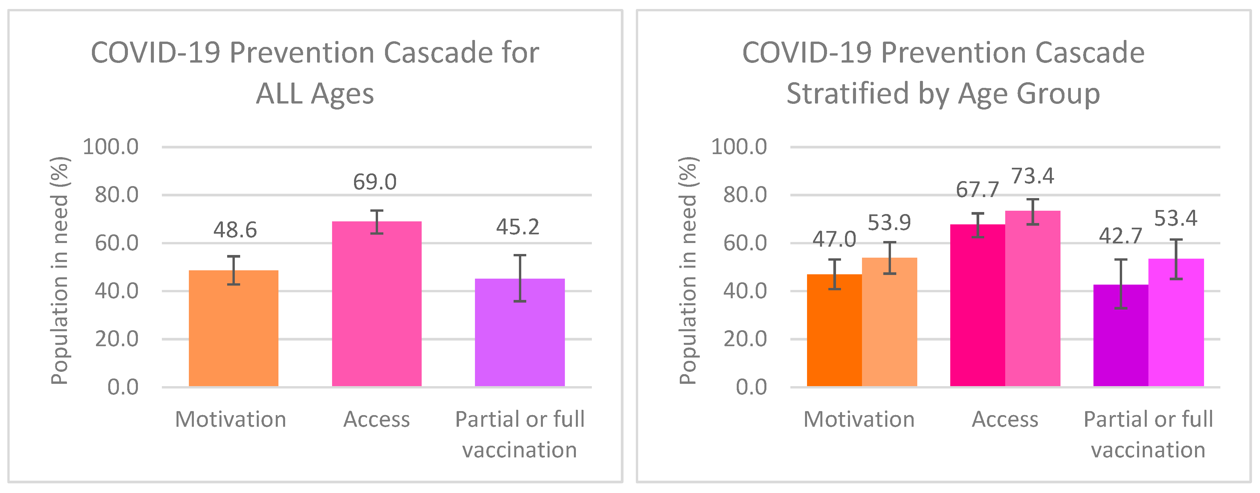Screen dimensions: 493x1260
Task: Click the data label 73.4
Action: tap(1032, 176)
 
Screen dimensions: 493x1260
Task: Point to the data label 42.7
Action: tap(1120, 236)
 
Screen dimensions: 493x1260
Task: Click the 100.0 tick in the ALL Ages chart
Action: tap(111, 147)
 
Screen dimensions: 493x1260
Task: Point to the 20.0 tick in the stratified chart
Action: tap(745, 339)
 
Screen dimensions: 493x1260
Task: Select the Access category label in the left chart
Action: tap(377, 420)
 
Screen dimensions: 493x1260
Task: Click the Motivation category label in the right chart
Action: tap(859, 420)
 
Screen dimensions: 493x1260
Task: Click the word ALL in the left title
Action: tap(280, 94)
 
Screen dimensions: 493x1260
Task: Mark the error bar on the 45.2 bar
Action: tap(520, 278)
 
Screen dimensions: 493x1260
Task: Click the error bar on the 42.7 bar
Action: tap(1120, 284)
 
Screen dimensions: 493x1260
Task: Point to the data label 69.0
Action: tap(375, 182)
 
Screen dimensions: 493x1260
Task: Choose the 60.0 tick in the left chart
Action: tap(117, 243)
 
